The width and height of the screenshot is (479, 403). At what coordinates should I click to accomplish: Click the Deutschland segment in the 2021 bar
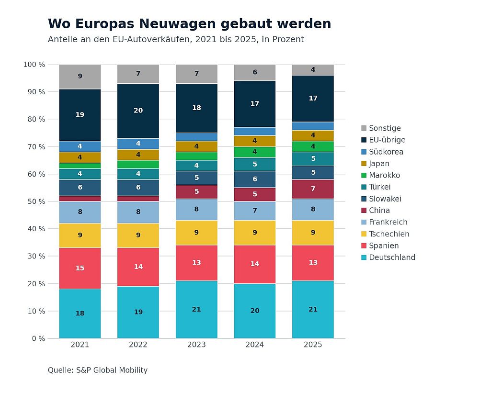pyautogui.click(x=80, y=313)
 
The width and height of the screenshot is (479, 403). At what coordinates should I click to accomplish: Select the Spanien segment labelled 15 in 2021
pyautogui.click(x=80, y=268)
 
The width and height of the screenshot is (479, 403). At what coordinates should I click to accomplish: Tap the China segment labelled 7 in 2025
pyautogui.click(x=313, y=189)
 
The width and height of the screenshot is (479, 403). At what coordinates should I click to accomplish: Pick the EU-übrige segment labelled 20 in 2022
pyautogui.click(x=138, y=111)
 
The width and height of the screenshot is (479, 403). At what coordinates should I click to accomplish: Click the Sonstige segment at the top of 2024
pyautogui.click(x=254, y=72)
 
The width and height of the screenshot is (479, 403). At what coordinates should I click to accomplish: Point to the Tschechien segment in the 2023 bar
pyautogui.click(x=196, y=233)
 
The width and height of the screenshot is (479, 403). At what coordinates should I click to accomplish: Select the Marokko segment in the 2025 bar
pyautogui.click(x=313, y=146)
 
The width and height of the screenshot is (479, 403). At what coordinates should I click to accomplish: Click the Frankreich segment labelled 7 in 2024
pyautogui.click(x=254, y=211)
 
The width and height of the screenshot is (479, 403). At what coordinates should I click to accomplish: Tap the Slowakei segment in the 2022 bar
pyautogui.click(x=138, y=188)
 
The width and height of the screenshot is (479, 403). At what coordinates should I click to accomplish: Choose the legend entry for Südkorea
pyautogui.click(x=386, y=152)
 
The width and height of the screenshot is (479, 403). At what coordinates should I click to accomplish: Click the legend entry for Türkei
pyautogui.click(x=379, y=187)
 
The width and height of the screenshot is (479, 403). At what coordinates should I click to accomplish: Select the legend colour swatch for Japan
pyautogui.click(x=364, y=164)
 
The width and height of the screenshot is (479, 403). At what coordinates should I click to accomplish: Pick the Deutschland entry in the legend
pyautogui.click(x=392, y=257)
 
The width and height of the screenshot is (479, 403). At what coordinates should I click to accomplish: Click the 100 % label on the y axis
pyautogui.click(x=34, y=65)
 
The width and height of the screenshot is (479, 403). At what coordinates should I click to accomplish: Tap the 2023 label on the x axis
pyautogui.click(x=196, y=345)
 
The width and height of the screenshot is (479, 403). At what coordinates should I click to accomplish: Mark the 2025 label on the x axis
pyautogui.click(x=313, y=345)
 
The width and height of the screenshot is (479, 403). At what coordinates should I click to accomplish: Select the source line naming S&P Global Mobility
pyautogui.click(x=98, y=370)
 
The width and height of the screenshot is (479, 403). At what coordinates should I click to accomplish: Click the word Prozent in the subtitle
pyautogui.click(x=288, y=40)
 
